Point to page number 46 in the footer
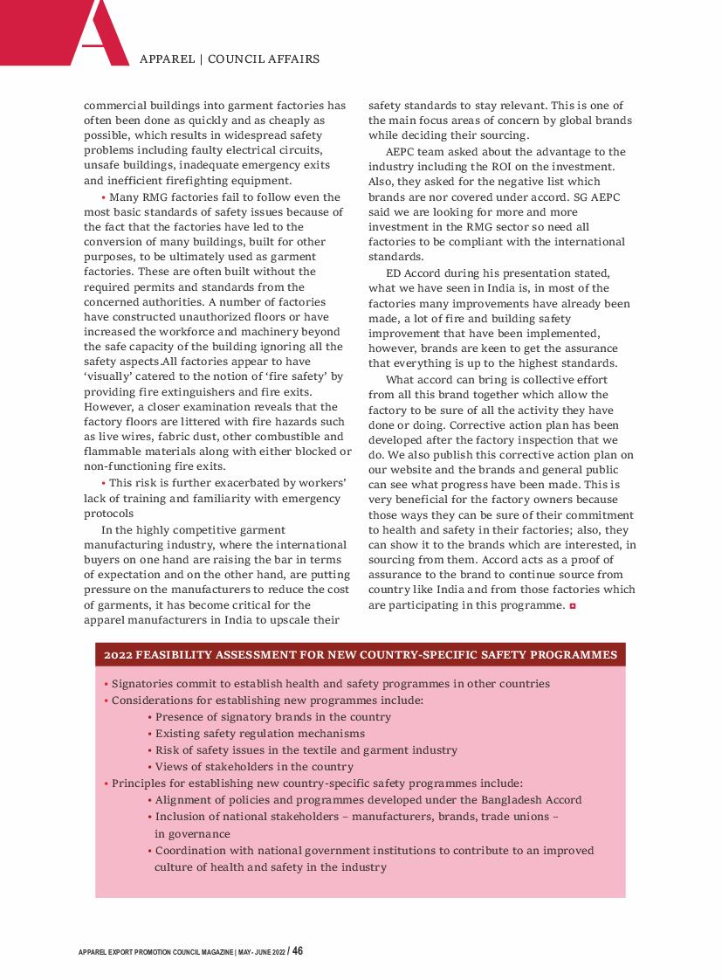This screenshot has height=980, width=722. (298, 950)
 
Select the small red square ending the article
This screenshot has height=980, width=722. (572, 604)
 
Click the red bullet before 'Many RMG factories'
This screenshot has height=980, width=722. (103, 197)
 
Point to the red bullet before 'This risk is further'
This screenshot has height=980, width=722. (103, 484)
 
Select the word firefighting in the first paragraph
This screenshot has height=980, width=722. (202, 181)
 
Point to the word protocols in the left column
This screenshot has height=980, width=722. (109, 514)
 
